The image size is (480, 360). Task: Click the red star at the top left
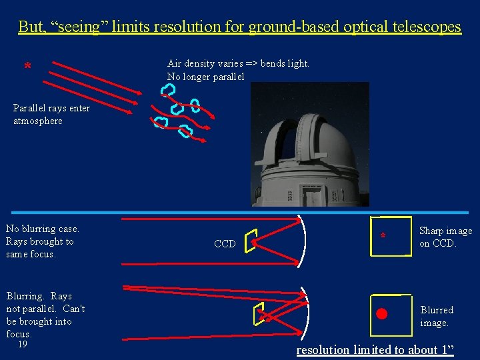tap(27, 66)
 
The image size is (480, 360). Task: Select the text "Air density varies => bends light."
tap(238, 63)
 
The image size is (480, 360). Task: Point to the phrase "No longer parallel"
tap(205, 77)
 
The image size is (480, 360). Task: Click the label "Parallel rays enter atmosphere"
tap(51, 114)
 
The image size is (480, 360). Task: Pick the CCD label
tap(225, 244)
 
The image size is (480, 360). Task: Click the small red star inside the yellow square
tap(383, 236)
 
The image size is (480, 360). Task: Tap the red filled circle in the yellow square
tap(381, 313)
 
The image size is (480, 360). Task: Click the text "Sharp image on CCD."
tap(445, 237)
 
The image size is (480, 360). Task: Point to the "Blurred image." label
tap(437, 316)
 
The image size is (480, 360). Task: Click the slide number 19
tap(23, 345)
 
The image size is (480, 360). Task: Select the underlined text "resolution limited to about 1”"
tap(375, 350)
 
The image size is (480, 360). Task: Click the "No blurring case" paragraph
tap(42, 241)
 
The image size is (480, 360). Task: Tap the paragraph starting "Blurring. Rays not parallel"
tap(45, 315)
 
